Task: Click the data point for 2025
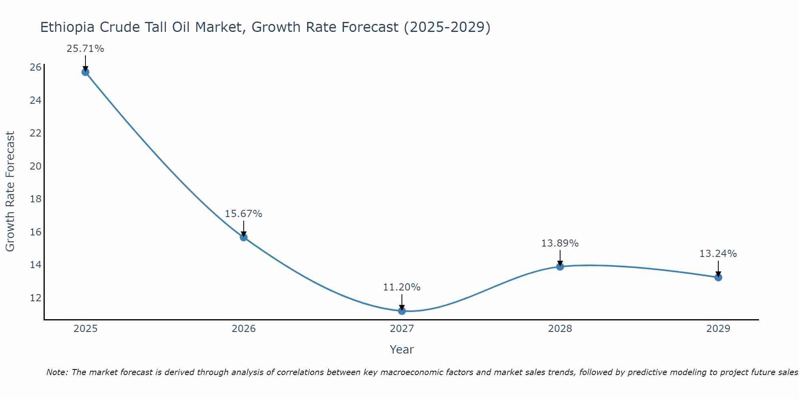point(85,72)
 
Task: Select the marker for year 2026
point(243,237)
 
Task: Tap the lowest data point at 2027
point(402,311)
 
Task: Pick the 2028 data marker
point(560,267)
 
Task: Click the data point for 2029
point(718,277)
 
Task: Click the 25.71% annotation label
point(85,49)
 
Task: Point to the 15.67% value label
point(243,214)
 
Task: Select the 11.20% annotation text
point(401,287)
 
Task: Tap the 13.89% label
point(560,243)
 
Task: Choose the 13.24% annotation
point(718,254)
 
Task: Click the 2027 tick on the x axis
point(402,329)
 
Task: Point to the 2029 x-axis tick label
point(718,329)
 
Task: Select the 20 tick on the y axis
point(36,166)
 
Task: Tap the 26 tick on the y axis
point(36,67)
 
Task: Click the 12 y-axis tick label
point(36,298)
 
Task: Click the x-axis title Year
point(401,350)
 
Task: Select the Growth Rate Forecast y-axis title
point(10,191)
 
